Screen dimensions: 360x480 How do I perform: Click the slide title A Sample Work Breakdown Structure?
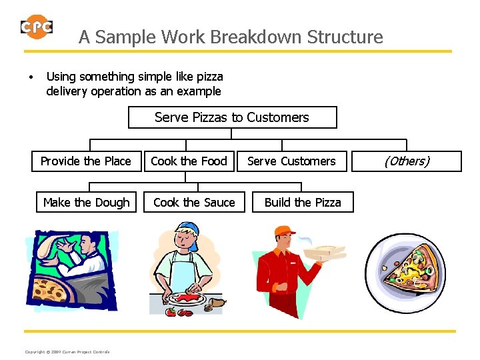pyautogui.click(x=231, y=37)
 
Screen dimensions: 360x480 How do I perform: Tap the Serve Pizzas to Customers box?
pyautogui.click(x=232, y=117)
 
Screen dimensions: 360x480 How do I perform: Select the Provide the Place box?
pyautogui.click(x=85, y=161)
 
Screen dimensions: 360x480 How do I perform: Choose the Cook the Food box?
pyautogui.click(x=189, y=161)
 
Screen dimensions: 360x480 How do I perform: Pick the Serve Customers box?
pyautogui.click(x=291, y=161)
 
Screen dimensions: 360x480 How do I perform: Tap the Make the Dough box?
pyautogui.click(x=86, y=202)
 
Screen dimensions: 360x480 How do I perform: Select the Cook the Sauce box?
pyautogui.click(x=194, y=202)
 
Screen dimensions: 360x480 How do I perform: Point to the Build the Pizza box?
pyautogui.click(x=303, y=202)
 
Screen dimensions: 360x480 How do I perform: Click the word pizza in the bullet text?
pyautogui.click(x=208, y=77)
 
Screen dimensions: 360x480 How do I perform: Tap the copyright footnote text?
pyautogui.click(x=67, y=352)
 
